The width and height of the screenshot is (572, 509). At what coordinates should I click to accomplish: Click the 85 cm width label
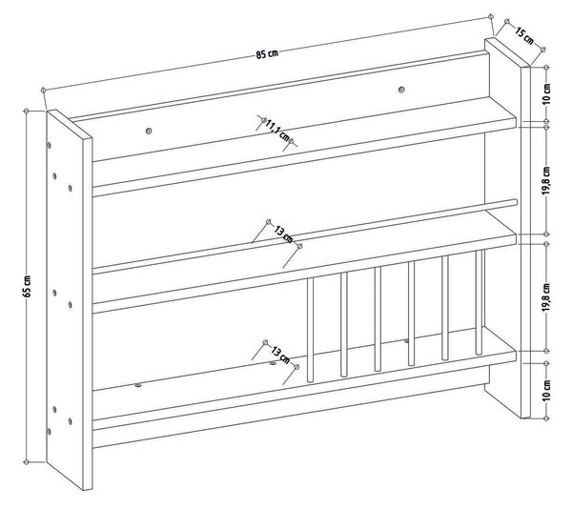pos(267,54)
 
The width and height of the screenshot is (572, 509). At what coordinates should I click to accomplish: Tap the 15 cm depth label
pos(524,35)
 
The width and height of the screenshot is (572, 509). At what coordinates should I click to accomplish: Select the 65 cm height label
pos(28,286)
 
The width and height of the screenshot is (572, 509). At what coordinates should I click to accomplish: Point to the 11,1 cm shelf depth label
pos(277,131)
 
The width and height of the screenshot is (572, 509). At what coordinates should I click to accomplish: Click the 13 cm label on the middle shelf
pos(283,234)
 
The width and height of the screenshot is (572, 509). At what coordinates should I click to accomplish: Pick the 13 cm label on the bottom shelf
pos(280,355)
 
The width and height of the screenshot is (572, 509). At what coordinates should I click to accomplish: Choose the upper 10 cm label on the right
pos(546,94)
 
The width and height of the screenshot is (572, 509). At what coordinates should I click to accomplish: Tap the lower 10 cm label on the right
pos(546,391)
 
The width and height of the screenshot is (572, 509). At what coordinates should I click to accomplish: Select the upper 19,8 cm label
pos(546,181)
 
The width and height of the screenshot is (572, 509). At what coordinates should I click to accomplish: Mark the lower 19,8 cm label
pos(546,297)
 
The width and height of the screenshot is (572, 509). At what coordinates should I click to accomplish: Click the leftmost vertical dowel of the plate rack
pos(311,330)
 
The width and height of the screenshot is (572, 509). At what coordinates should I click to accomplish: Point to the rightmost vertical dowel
pos(479,302)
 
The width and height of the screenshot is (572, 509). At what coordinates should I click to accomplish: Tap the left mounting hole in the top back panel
pos(148,131)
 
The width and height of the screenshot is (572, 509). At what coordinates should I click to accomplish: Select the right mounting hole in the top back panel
pos(401,89)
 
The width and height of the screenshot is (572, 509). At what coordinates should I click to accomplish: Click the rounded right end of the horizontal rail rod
pos(515,202)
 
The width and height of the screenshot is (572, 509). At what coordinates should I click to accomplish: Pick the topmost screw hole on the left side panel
pos(50,145)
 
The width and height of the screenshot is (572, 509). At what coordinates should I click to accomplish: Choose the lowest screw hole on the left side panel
pos(49,432)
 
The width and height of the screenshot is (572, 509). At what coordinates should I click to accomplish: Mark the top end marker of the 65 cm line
pos(27,111)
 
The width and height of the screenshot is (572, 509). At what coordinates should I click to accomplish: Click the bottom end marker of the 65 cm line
pos(27,462)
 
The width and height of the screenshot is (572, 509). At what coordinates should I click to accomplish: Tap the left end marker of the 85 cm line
pos(44,90)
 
